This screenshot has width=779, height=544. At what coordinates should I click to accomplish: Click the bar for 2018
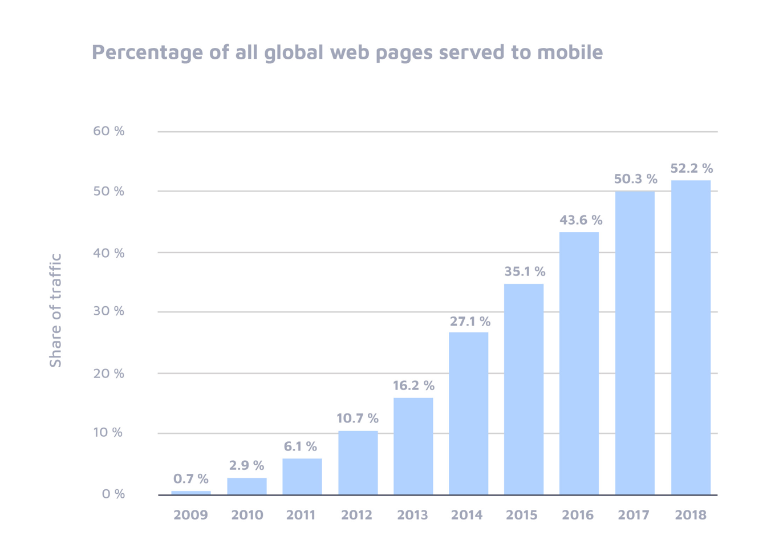(691, 338)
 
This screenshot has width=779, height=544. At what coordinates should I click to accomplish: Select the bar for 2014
(468, 413)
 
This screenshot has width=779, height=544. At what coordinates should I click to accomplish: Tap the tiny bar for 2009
(191, 493)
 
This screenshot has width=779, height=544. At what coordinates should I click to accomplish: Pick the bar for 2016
(579, 363)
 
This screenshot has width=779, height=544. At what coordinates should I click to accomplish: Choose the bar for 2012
(358, 462)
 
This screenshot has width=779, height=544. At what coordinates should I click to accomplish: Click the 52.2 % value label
(691, 168)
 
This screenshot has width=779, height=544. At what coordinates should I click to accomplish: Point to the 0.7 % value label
(191, 478)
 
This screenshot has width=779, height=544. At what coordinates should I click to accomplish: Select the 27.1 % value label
(470, 322)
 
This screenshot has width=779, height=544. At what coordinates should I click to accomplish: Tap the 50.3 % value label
(635, 179)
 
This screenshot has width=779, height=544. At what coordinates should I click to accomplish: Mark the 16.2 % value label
(413, 385)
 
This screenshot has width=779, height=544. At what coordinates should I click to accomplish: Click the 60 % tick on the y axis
(108, 131)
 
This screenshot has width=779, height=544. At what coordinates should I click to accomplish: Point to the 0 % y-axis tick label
(113, 494)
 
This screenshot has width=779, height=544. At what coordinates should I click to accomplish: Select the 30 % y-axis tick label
(108, 311)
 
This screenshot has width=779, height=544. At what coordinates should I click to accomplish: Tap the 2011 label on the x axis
(301, 515)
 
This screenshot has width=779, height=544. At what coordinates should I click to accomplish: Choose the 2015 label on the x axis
(522, 515)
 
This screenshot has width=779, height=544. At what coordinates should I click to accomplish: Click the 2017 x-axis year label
(634, 515)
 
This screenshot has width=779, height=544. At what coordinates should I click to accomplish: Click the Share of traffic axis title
(55, 311)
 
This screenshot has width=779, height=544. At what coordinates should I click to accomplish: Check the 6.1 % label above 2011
(301, 446)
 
